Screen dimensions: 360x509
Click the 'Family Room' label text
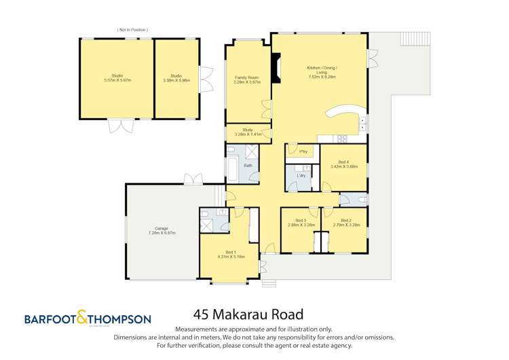[244, 78]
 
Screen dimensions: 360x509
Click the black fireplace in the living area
[275, 69]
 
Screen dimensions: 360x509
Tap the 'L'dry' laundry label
[301, 176]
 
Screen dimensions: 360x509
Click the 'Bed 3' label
[301, 220]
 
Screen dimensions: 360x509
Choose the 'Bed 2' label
[345, 220]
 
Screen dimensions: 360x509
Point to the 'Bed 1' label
[226, 252]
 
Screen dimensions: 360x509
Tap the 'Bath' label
[248, 165]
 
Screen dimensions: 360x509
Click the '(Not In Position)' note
[132, 30]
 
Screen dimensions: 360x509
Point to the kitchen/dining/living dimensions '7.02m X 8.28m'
[322, 77]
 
